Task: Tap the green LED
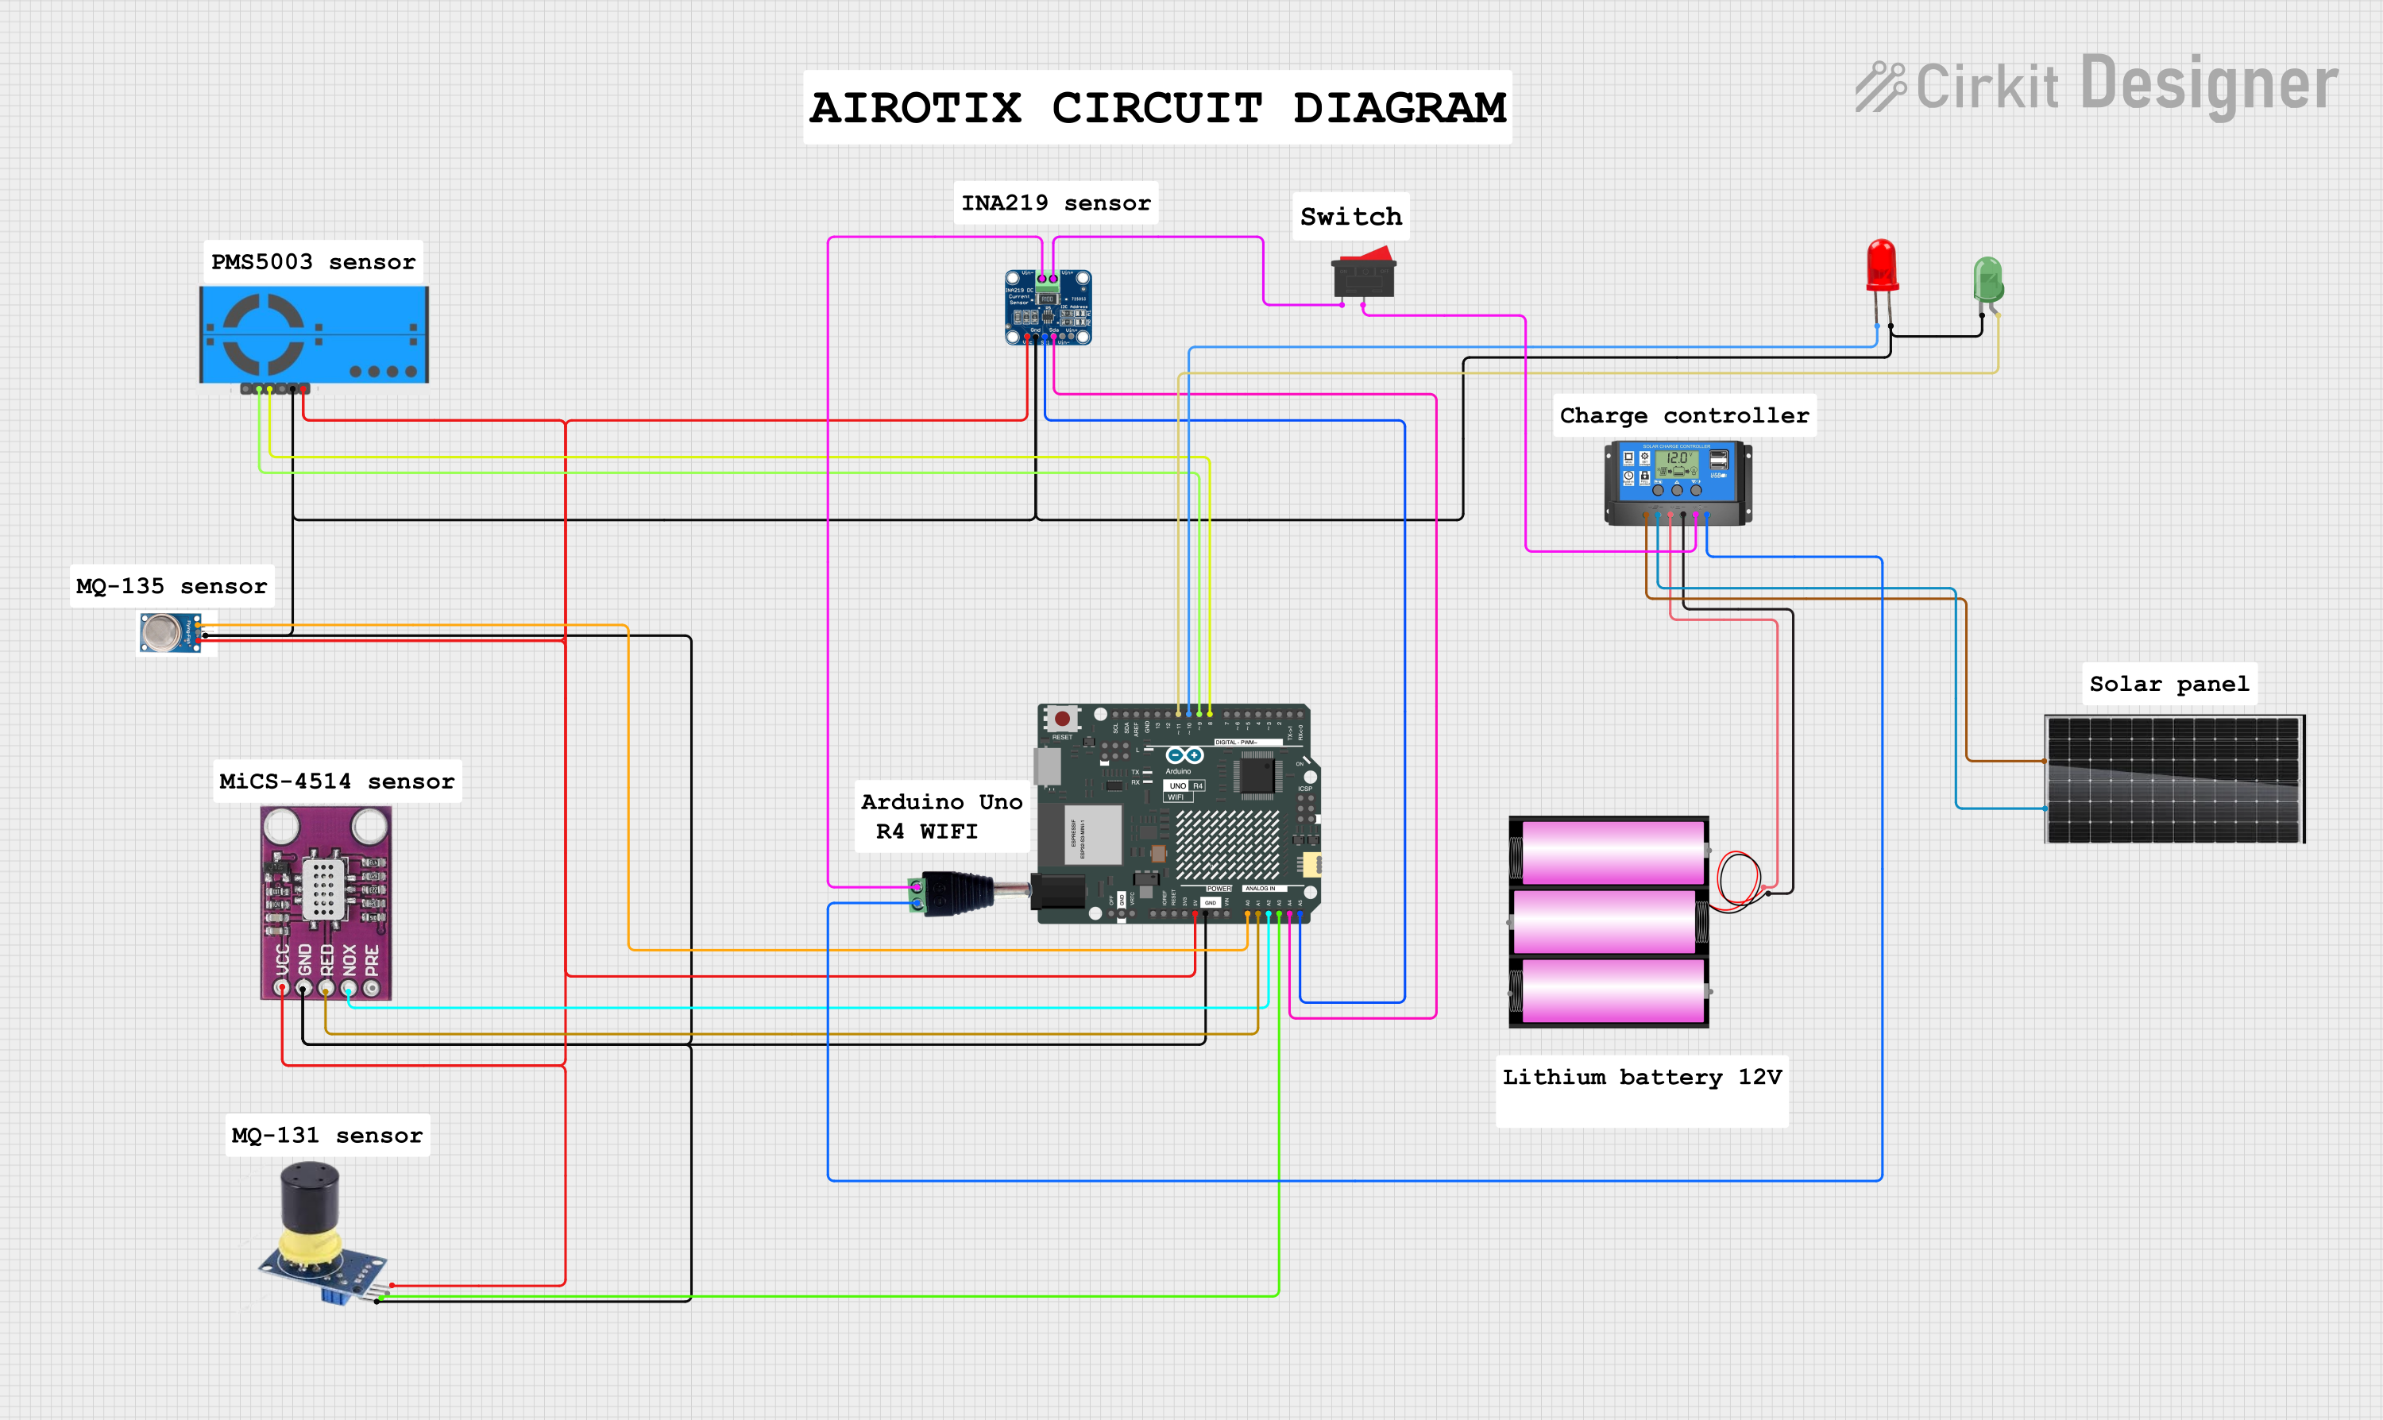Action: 1987,280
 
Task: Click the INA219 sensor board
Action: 1048,307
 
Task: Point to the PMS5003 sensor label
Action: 313,261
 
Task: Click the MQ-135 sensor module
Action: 170,632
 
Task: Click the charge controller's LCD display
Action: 1677,461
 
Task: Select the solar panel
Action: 2173,779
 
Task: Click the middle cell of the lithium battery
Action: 1608,921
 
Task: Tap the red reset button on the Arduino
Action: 1061,718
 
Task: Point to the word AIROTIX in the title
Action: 915,107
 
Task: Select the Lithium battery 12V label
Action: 1641,1078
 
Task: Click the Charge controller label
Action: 1683,415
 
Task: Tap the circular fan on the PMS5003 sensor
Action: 263,334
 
